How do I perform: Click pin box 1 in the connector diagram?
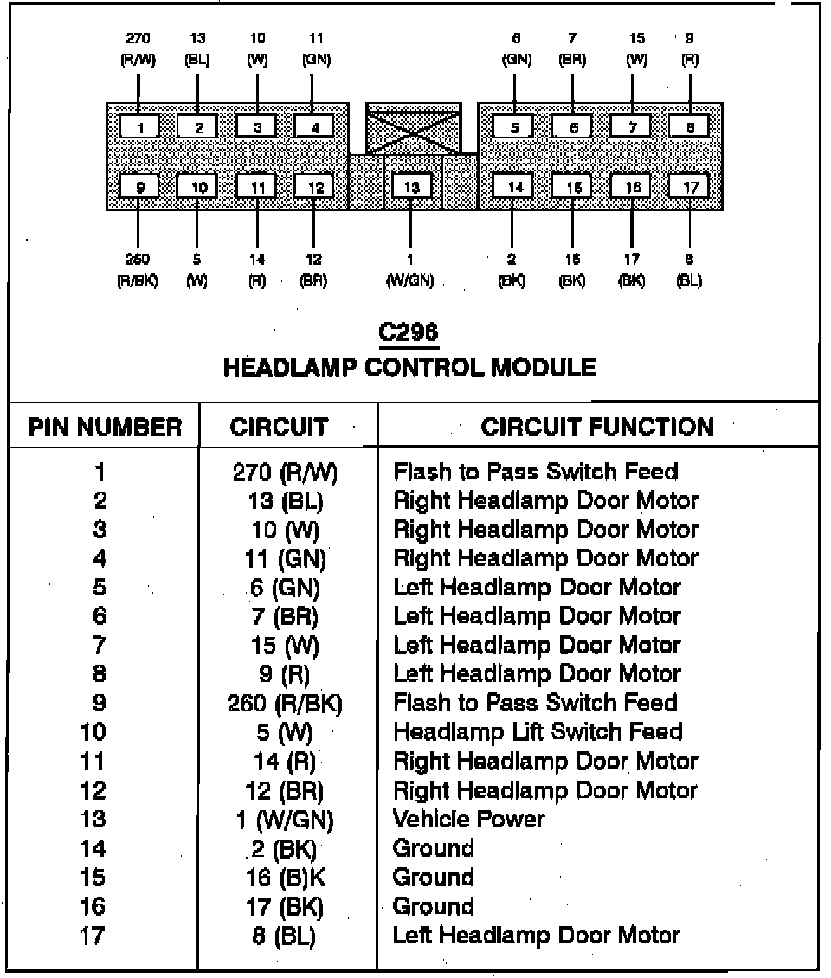pos(139,127)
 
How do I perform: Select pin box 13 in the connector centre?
pos(411,186)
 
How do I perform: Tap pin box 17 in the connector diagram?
pos(690,186)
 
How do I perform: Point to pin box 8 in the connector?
pos(690,127)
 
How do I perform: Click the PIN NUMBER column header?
pos(105,427)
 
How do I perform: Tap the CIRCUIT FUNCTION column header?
pos(597,427)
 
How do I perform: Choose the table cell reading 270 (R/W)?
pos(286,473)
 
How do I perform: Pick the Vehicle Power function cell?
pos(468,819)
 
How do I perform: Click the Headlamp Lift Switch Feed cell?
pos(538,732)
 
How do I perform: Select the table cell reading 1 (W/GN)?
pos(285,820)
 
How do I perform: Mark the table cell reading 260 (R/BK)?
pos(285,704)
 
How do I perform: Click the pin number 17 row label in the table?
pos(93,936)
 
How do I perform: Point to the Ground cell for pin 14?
pos(433,848)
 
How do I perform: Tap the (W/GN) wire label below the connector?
pos(409,281)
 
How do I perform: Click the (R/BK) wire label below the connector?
pos(138,281)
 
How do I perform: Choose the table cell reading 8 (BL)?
pos(285,936)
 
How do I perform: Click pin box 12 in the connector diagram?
pos(314,186)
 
